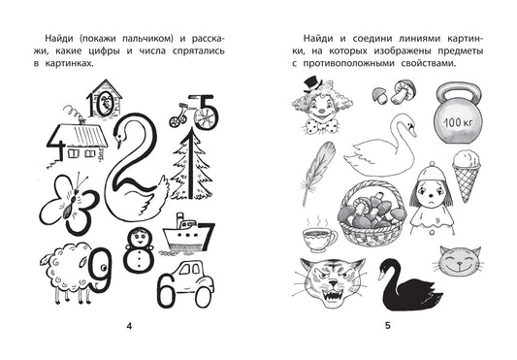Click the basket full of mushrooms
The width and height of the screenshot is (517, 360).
tap(372, 213)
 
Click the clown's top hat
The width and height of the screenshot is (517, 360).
tap(312, 84)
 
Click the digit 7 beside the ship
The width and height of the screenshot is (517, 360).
tap(207, 236)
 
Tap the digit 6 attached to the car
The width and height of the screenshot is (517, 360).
tap(167, 290)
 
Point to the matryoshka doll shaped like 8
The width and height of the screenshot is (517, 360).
tap(138, 249)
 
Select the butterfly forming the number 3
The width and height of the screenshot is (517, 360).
tap(70, 203)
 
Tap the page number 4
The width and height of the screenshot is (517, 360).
tap(129, 326)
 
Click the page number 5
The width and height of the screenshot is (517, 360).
tap(388, 326)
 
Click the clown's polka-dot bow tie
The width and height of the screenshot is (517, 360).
tap(321, 126)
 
